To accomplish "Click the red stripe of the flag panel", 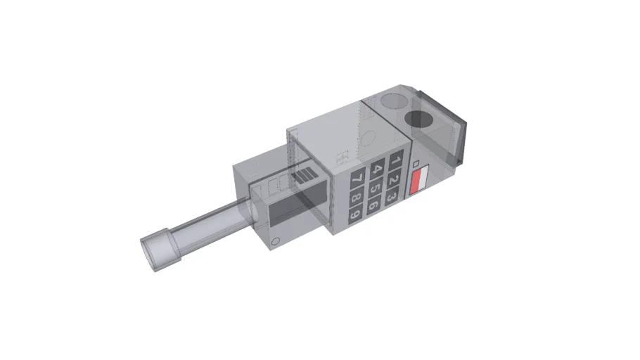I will click(x=419, y=186).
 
